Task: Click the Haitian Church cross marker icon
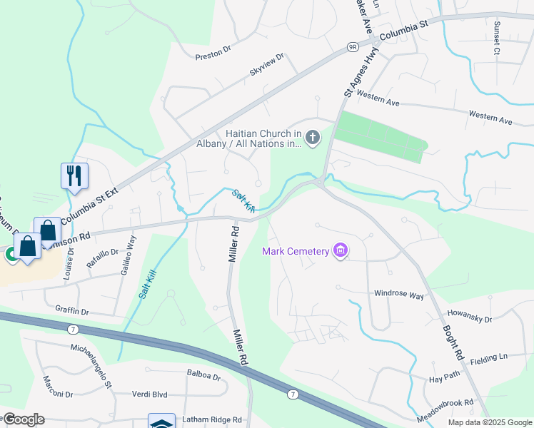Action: click(x=312, y=137)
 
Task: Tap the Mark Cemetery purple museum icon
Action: click(x=341, y=250)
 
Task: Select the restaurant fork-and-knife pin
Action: click(x=75, y=175)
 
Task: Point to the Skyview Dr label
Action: click(x=266, y=64)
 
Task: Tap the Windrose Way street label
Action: click(x=399, y=295)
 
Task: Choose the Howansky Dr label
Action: click(x=470, y=316)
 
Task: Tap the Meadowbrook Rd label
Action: click(x=447, y=403)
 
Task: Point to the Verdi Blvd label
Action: click(x=149, y=394)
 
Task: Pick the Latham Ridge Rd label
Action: click(x=212, y=419)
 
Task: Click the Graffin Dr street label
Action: click(x=71, y=311)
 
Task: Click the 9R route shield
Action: click(x=353, y=46)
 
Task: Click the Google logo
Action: click(x=23, y=419)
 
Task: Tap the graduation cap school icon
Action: click(x=161, y=422)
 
